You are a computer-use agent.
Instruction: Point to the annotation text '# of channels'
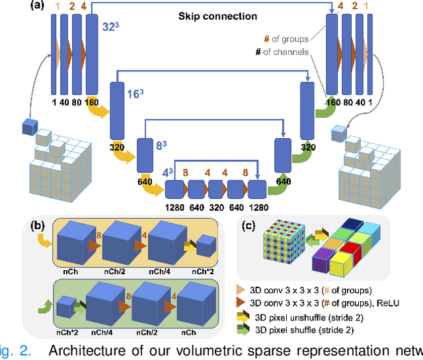click(x=282, y=52)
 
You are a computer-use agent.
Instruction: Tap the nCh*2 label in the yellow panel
click(x=206, y=270)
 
